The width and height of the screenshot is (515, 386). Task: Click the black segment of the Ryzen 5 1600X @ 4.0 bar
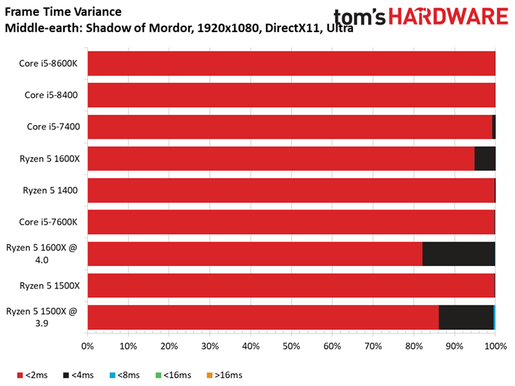[458, 254]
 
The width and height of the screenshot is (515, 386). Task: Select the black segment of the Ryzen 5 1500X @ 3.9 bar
[466, 317]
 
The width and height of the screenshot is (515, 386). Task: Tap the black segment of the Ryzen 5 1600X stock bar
[484, 158]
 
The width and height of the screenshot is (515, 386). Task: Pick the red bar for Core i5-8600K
[291, 63]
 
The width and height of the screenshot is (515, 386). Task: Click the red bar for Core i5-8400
[291, 95]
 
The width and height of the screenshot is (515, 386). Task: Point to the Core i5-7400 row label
[54, 126]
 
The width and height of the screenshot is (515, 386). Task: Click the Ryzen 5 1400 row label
[50, 190]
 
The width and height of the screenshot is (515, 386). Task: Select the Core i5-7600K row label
[48, 222]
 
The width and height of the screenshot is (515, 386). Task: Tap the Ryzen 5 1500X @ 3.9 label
[41, 317]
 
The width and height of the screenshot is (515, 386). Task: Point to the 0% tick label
[87, 346]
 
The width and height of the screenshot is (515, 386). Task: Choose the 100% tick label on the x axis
[495, 346]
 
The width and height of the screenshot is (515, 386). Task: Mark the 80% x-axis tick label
[414, 346]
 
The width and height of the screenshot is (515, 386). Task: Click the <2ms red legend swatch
[20, 375]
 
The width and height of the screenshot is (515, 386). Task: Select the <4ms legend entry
[78, 375]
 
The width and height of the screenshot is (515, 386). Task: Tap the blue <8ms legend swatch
[113, 375]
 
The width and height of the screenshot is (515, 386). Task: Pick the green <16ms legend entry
[173, 375]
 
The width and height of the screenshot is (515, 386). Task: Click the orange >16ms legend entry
[224, 375]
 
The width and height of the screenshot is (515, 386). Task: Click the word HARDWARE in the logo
[449, 17]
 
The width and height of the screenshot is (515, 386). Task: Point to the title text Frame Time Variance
[63, 12]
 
